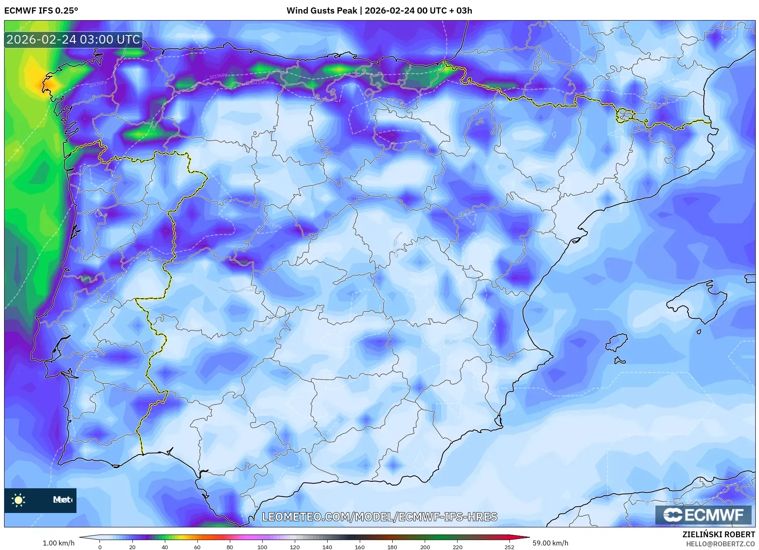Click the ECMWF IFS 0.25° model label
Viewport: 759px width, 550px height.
tap(41, 11)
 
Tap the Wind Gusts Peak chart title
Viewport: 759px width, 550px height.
tap(379, 11)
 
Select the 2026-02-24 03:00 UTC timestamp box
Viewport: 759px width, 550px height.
tap(73, 40)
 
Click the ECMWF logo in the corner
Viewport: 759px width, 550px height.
tap(703, 515)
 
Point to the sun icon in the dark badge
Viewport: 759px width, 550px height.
tap(19, 500)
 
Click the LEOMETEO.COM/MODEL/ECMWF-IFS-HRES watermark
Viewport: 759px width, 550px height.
tap(379, 517)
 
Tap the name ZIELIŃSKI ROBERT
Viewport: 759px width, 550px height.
tap(718, 534)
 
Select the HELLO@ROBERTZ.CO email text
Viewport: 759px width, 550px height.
tap(720, 544)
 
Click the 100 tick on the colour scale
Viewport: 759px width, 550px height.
tap(262, 547)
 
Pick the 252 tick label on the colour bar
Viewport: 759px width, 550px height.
tap(509, 547)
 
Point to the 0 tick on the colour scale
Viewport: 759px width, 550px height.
tap(100, 547)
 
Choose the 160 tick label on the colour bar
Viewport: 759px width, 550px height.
tap(359, 547)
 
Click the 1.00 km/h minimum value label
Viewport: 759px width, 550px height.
tap(58, 543)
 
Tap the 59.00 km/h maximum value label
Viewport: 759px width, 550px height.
tap(550, 543)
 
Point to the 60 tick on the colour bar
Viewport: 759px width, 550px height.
tap(197, 547)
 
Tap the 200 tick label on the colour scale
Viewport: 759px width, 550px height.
tap(425, 547)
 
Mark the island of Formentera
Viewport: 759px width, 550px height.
tap(619, 361)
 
